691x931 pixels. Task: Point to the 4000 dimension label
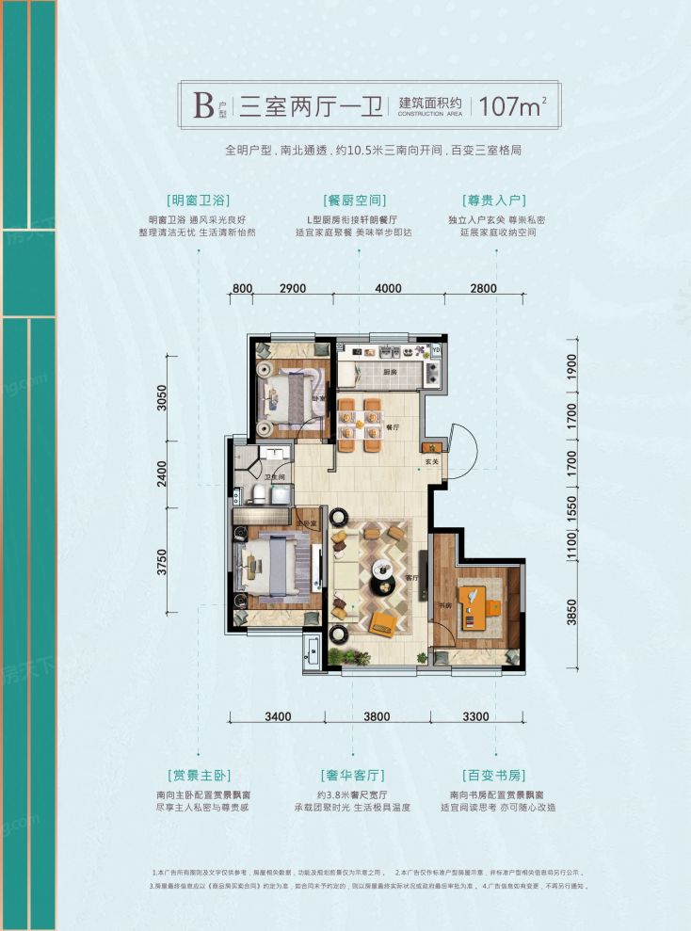[x=387, y=289]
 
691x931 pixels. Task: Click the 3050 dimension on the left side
[x=163, y=400]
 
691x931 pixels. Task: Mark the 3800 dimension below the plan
[x=377, y=716]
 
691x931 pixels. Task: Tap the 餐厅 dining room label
[x=393, y=426]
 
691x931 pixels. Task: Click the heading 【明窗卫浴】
[x=198, y=201]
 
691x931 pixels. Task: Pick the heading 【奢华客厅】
[x=354, y=776]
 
